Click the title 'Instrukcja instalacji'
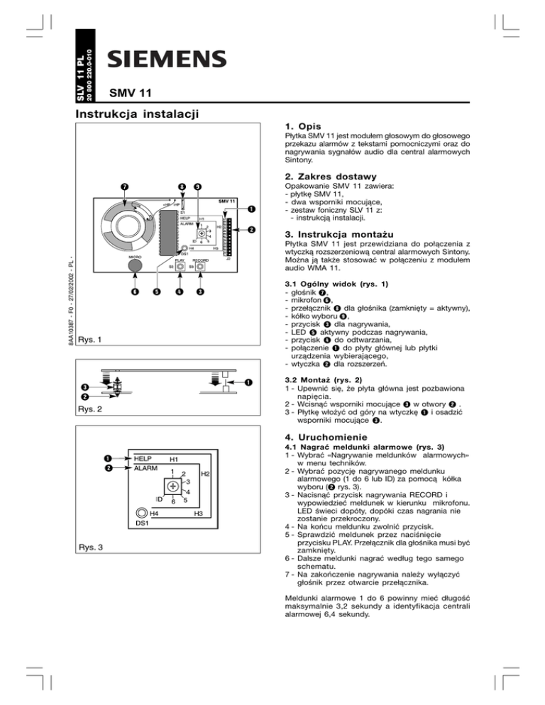pos(136,113)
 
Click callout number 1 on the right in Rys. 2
pos(248,383)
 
